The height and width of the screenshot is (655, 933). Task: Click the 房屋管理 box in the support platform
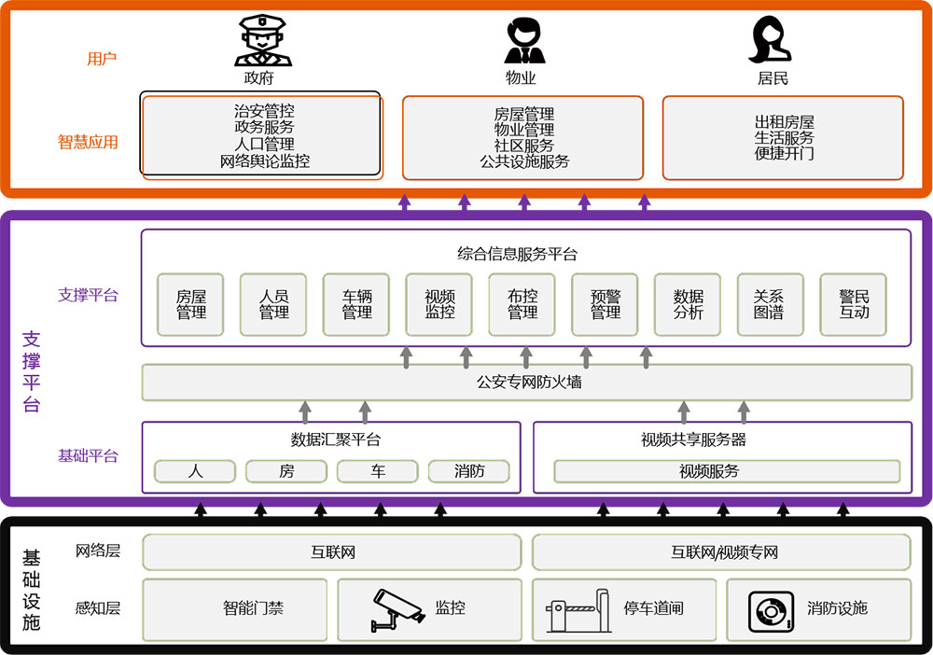point(191,305)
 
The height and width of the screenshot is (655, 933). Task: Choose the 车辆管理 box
point(356,305)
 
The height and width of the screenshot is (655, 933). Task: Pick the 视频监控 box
point(439,305)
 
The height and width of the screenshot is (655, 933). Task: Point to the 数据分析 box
point(688,305)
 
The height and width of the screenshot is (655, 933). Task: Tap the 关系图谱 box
point(770,305)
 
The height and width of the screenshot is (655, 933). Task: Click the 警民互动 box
point(853,305)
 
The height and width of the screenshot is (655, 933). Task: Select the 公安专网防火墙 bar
point(527,383)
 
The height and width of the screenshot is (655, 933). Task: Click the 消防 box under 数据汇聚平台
point(469,471)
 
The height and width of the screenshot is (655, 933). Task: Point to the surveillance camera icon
point(397,607)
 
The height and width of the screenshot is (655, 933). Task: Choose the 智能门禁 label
point(253,608)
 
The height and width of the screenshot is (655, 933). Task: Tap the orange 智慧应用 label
point(88,143)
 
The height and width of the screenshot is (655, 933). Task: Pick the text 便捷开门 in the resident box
point(784,153)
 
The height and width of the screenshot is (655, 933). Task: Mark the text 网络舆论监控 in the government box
point(264,160)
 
